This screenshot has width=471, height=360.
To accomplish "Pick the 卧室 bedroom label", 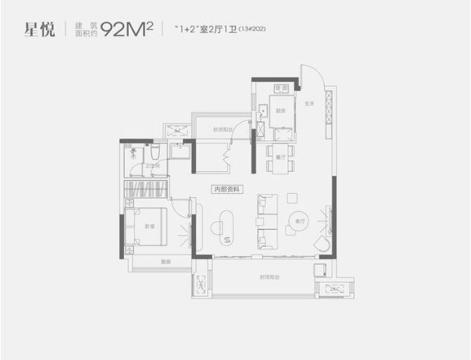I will pos(149,226).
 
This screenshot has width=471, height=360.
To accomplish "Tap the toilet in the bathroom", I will pos(134,154).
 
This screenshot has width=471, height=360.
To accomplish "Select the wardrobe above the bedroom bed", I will pos(145,190).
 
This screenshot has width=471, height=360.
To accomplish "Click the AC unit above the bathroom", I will pos(179,131).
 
